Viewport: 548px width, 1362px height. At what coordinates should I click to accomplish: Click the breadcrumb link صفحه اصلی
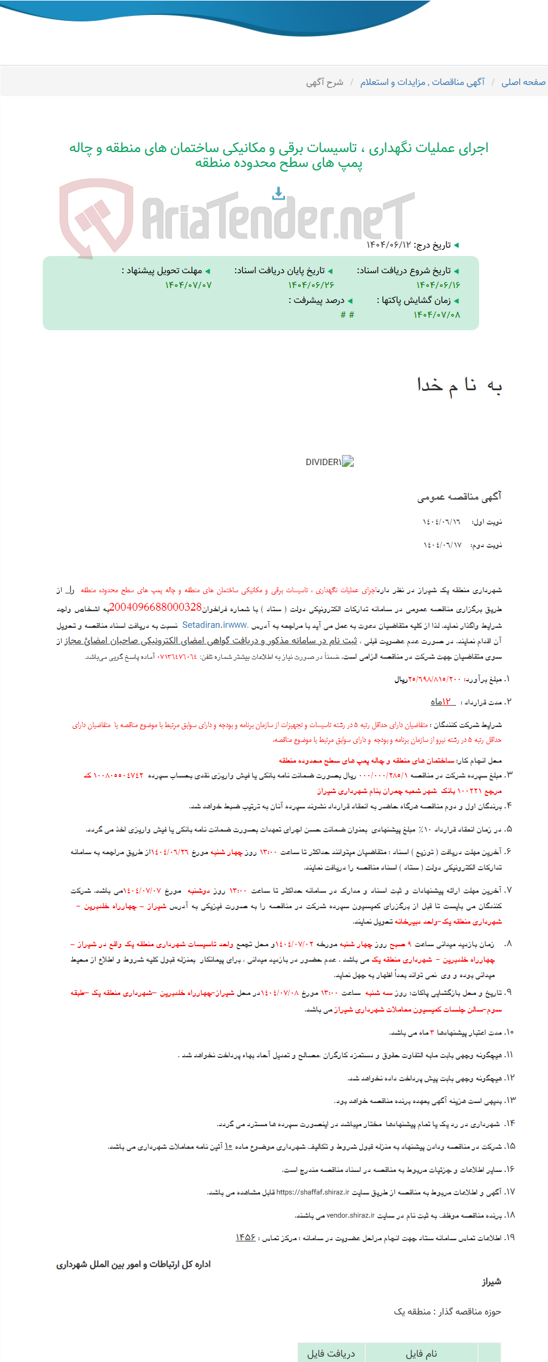523,82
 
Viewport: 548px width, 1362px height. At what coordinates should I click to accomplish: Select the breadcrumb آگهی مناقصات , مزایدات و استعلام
422,82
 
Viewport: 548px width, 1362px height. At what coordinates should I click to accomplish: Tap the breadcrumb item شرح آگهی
325,82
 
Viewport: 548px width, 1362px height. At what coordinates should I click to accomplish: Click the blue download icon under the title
278,193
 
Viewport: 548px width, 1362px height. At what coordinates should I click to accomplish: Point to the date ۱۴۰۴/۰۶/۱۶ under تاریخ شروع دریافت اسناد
438,285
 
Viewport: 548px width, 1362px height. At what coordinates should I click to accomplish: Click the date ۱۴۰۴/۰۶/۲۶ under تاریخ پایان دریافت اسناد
312,285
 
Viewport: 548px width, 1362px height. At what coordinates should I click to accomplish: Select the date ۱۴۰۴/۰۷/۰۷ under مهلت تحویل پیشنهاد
188,285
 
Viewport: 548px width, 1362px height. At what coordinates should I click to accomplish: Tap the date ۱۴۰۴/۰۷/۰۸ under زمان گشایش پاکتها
437,314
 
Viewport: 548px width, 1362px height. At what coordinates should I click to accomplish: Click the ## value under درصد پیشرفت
347,314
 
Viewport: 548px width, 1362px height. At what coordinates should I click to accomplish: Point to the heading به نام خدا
460,385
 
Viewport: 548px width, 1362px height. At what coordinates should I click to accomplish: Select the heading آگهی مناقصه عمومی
459,497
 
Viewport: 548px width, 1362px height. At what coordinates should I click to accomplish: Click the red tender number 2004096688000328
156,607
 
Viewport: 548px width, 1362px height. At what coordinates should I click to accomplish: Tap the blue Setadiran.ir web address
215,625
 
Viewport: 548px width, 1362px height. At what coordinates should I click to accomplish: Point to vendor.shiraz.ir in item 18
349,1215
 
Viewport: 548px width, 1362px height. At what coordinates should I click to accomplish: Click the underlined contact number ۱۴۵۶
245,1238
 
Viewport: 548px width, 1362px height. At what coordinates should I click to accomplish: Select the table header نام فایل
421,1354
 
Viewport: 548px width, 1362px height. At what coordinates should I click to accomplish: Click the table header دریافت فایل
331,1354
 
